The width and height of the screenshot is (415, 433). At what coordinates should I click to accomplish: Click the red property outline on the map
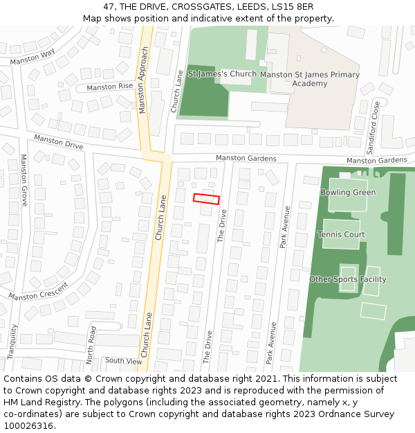[206, 199]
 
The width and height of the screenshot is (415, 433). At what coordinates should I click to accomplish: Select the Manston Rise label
[110, 87]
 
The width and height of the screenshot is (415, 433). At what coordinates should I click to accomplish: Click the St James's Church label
[221, 73]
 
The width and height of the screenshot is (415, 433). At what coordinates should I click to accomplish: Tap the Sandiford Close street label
[375, 128]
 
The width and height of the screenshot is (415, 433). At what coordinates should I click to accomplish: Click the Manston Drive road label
[58, 143]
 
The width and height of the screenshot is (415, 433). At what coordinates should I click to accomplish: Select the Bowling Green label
[348, 193]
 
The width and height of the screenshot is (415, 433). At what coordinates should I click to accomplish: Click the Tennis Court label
[341, 235]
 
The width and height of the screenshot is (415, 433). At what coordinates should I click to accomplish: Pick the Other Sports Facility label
[347, 279]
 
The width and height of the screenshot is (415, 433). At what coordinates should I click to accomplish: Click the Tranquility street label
[12, 341]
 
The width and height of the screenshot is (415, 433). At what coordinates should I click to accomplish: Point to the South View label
[123, 361]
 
